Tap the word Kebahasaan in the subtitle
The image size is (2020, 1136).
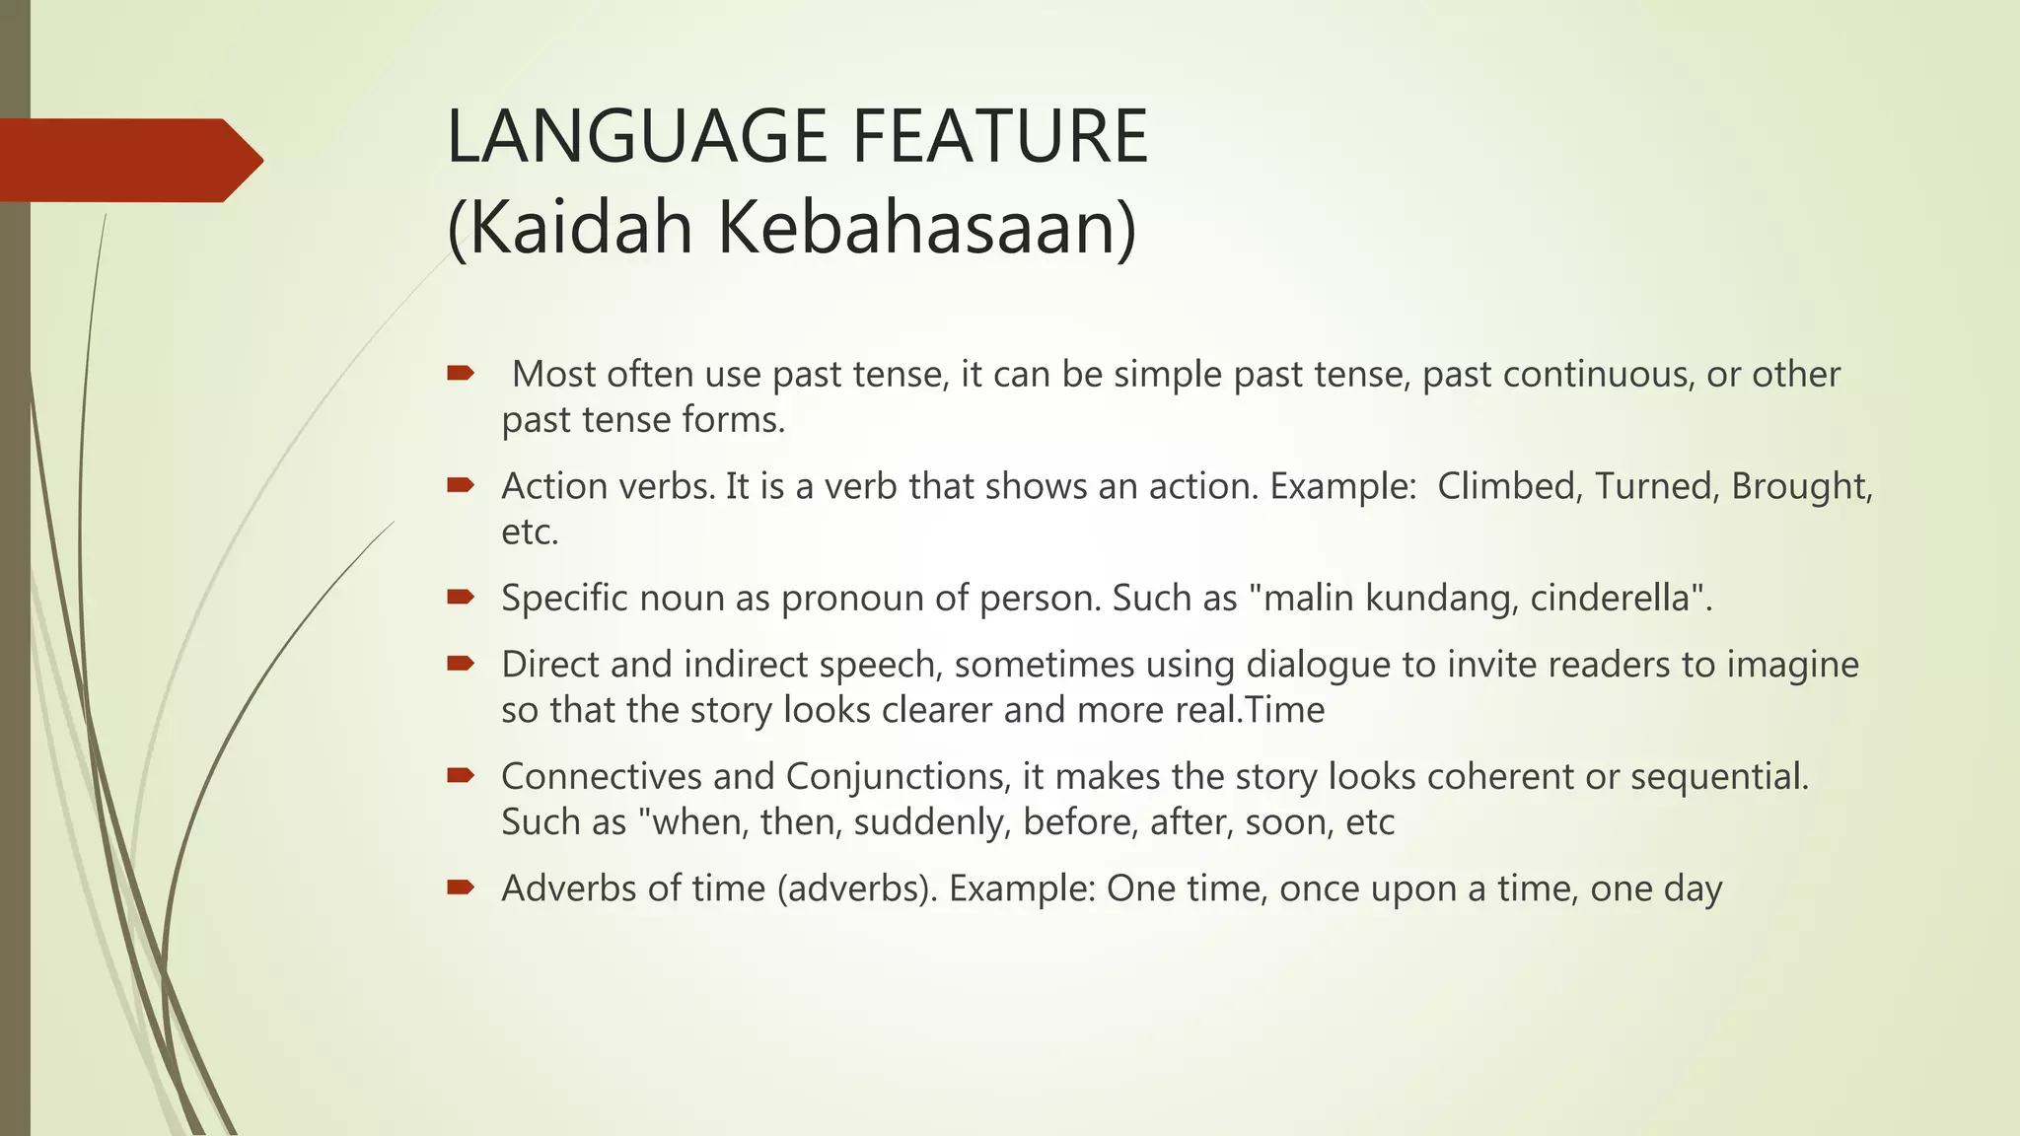[x=927, y=228]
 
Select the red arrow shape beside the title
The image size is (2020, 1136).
[x=128, y=161]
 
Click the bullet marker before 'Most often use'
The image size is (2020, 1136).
[x=461, y=373]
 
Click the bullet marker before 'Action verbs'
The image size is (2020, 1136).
[x=461, y=484]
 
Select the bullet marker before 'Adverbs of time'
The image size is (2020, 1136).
[x=461, y=887]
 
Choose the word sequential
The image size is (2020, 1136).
[x=1718, y=777]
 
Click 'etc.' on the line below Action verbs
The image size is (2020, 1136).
[x=530, y=532]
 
